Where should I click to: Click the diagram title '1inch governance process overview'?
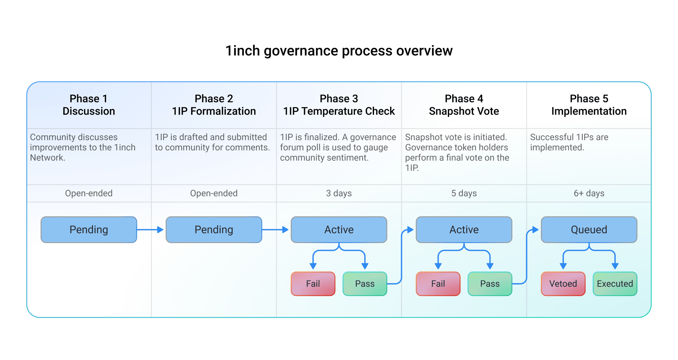[339, 51]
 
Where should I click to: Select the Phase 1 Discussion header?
[89, 105]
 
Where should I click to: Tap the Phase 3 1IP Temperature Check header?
[339, 105]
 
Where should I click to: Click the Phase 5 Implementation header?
[589, 105]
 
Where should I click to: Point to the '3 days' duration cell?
[339, 193]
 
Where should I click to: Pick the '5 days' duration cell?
[464, 193]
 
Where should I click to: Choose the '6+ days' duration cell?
[589, 193]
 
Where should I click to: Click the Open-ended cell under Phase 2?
[214, 193]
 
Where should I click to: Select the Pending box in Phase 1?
[89, 230]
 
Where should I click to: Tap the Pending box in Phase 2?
[214, 230]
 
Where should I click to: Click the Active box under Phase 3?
[339, 230]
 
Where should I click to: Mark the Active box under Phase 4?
[464, 230]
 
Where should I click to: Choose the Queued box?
[589, 230]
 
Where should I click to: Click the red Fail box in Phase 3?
[313, 284]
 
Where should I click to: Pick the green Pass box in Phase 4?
[490, 284]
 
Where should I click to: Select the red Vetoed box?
[563, 284]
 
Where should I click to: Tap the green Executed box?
[615, 284]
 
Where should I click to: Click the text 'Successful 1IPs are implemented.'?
[569, 142]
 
